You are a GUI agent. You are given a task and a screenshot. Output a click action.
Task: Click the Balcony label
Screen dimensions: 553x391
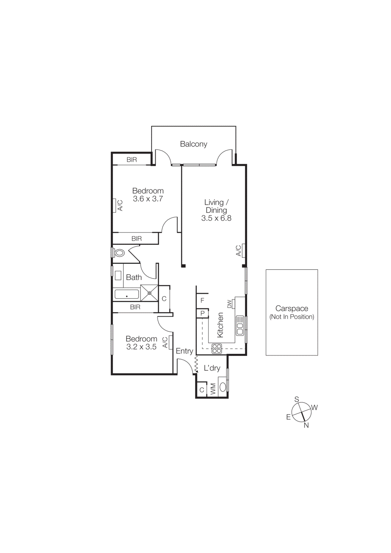[x=193, y=144]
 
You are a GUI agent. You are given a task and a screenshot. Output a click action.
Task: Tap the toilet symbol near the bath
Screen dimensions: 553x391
[x=119, y=253]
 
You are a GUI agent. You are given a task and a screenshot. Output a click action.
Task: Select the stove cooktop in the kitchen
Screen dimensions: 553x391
[x=217, y=348]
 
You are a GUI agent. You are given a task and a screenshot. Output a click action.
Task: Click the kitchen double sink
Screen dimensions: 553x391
[x=240, y=326]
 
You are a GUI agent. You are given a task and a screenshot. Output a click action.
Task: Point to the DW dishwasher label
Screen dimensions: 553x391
[x=230, y=304]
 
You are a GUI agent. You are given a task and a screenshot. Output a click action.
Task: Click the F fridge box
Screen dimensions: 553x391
[x=202, y=300]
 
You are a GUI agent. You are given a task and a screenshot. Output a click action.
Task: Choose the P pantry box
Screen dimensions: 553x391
[x=203, y=313]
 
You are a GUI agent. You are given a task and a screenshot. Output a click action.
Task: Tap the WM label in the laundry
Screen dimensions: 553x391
[x=213, y=389]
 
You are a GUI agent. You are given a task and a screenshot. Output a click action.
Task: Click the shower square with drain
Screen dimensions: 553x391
[x=149, y=293]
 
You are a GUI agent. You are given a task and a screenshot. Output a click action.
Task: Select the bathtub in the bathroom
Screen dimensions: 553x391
[x=127, y=295]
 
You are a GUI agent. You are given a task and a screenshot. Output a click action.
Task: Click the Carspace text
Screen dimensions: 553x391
[x=291, y=308]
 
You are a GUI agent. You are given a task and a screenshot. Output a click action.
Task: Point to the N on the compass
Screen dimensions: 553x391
[x=306, y=425]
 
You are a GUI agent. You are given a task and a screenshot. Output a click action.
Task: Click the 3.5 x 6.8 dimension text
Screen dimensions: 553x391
[x=216, y=218]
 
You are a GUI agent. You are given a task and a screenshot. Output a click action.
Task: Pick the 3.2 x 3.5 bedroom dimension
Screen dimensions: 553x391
[x=141, y=347]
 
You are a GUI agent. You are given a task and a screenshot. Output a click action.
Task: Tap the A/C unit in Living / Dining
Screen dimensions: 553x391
[x=244, y=250]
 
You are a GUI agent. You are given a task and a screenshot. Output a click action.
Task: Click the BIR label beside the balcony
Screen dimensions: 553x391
[x=132, y=160]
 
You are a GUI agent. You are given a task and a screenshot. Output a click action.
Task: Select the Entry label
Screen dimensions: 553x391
[x=184, y=351]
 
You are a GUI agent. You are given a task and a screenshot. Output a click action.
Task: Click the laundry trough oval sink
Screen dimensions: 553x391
[x=223, y=387]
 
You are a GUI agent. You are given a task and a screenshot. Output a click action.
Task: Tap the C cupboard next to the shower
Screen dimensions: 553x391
[x=164, y=299]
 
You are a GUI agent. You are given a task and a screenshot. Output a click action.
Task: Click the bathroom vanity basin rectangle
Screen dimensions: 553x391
[x=118, y=275]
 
